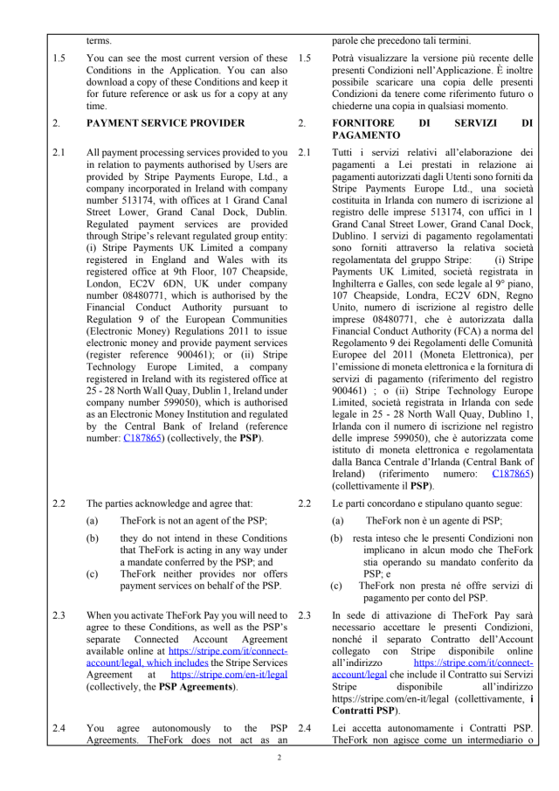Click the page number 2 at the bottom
(279, 757)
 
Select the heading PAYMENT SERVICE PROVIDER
(166, 123)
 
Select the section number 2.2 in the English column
(59, 503)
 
